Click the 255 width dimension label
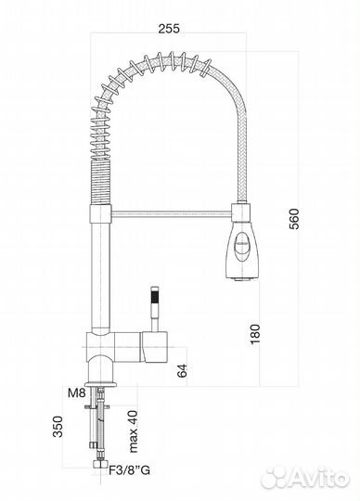click(168, 28)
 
